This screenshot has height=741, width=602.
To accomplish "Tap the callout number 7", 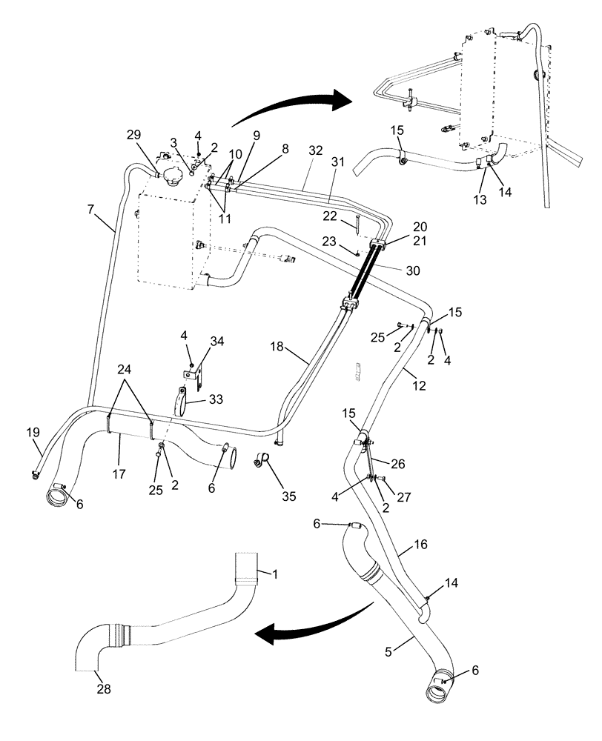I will [90, 210].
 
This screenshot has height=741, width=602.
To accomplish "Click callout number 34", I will [216, 342].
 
